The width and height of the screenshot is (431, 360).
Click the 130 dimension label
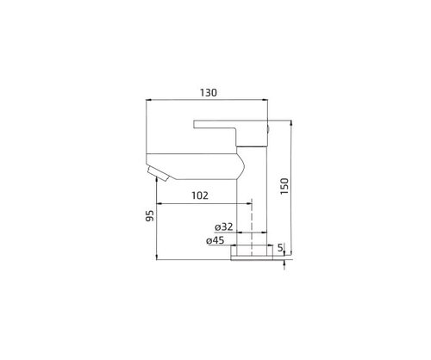coord(209,93)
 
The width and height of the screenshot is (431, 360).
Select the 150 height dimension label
coord(284,186)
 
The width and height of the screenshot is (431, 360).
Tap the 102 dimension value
coord(200,196)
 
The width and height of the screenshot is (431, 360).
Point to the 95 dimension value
coord(150,215)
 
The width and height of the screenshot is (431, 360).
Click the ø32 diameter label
coord(224,227)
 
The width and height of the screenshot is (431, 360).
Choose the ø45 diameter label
coord(215,240)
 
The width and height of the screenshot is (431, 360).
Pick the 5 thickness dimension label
coord(280,247)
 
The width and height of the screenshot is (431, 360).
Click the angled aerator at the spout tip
coord(159,174)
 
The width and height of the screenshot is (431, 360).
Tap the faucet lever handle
coord(230,133)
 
